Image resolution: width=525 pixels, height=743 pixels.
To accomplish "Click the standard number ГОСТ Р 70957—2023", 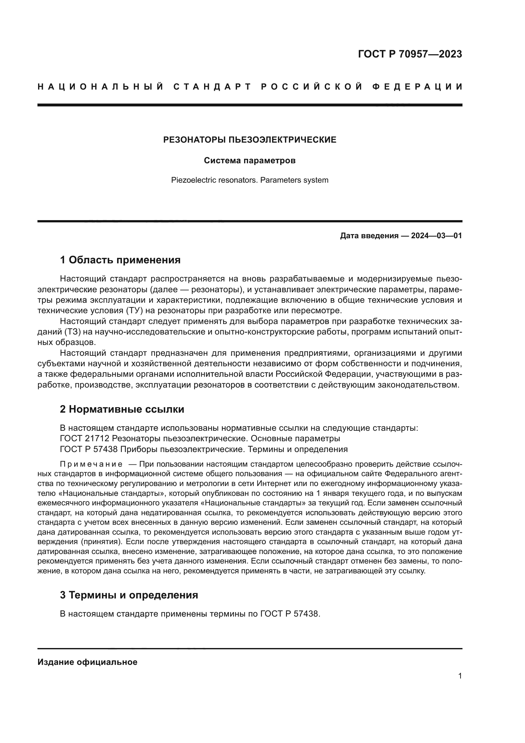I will (x=409, y=54).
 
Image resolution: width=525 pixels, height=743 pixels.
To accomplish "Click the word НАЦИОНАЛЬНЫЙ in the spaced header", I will (x=101, y=87).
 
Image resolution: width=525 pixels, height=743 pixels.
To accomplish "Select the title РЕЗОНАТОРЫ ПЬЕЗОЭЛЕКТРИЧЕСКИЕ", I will (x=249, y=140).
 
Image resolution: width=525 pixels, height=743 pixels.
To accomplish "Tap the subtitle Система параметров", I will (x=249, y=160).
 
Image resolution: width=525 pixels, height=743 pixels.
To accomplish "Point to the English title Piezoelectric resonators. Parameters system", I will (x=249, y=180).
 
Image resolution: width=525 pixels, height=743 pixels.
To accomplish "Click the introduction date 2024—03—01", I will (x=436, y=236).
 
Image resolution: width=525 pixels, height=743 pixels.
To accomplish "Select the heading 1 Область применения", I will (x=120, y=260).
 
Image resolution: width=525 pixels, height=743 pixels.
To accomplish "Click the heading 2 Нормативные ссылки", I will (x=122, y=409).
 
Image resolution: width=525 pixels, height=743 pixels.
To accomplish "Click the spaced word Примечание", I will (x=91, y=464).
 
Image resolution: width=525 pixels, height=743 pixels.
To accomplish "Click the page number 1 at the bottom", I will (x=460, y=676).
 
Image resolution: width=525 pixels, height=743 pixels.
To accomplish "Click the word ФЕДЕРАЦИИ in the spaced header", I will (x=417, y=87).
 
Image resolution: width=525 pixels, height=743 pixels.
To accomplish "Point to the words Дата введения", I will (x=369, y=236).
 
